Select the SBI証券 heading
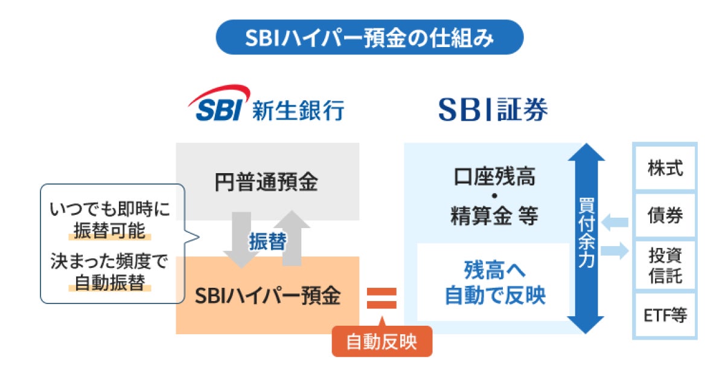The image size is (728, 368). [x=493, y=110]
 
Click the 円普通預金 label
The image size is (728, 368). [x=266, y=181]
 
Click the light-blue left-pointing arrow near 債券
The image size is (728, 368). [x=614, y=223]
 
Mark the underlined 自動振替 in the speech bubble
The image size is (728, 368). [x=110, y=282]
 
